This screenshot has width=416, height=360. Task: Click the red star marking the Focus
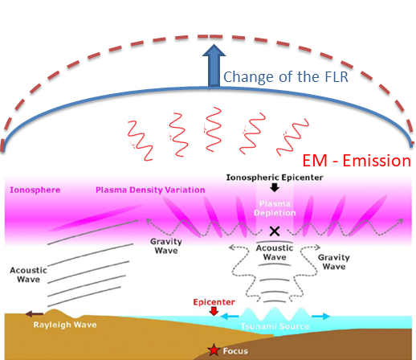pyautogui.click(x=214, y=350)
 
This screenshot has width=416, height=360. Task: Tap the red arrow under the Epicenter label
pyautogui.click(x=214, y=311)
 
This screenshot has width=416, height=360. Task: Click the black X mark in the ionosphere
pyautogui.click(x=275, y=231)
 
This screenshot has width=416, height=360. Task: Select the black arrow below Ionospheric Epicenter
pyautogui.click(x=275, y=187)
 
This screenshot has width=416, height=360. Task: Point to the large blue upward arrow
pyautogui.click(x=214, y=65)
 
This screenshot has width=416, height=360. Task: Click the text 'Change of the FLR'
pyautogui.click(x=286, y=77)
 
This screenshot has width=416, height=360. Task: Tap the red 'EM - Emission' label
pyautogui.click(x=357, y=161)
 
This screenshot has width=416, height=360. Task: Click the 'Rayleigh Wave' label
pyautogui.click(x=65, y=325)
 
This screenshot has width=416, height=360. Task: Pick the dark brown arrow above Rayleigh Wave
pyautogui.click(x=34, y=314)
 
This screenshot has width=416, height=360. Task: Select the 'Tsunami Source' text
pyautogui.click(x=275, y=326)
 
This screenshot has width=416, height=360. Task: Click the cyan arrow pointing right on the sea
pyautogui.click(x=321, y=317)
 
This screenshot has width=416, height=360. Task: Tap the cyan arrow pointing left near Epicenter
pyautogui.click(x=229, y=317)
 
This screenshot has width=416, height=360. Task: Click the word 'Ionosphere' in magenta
pyautogui.click(x=35, y=190)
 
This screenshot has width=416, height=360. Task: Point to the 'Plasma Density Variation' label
pyautogui.click(x=150, y=190)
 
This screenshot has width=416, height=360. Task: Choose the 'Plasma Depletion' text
pyautogui.click(x=275, y=208)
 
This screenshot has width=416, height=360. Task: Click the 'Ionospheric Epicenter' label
pyautogui.click(x=275, y=178)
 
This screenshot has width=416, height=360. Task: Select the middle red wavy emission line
pyautogui.click(x=214, y=129)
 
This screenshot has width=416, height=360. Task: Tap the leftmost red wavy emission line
pyautogui.click(x=141, y=141)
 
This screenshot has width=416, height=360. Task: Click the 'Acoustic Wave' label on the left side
pyautogui.click(x=28, y=275)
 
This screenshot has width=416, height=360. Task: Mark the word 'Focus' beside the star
pyautogui.click(x=235, y=351)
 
